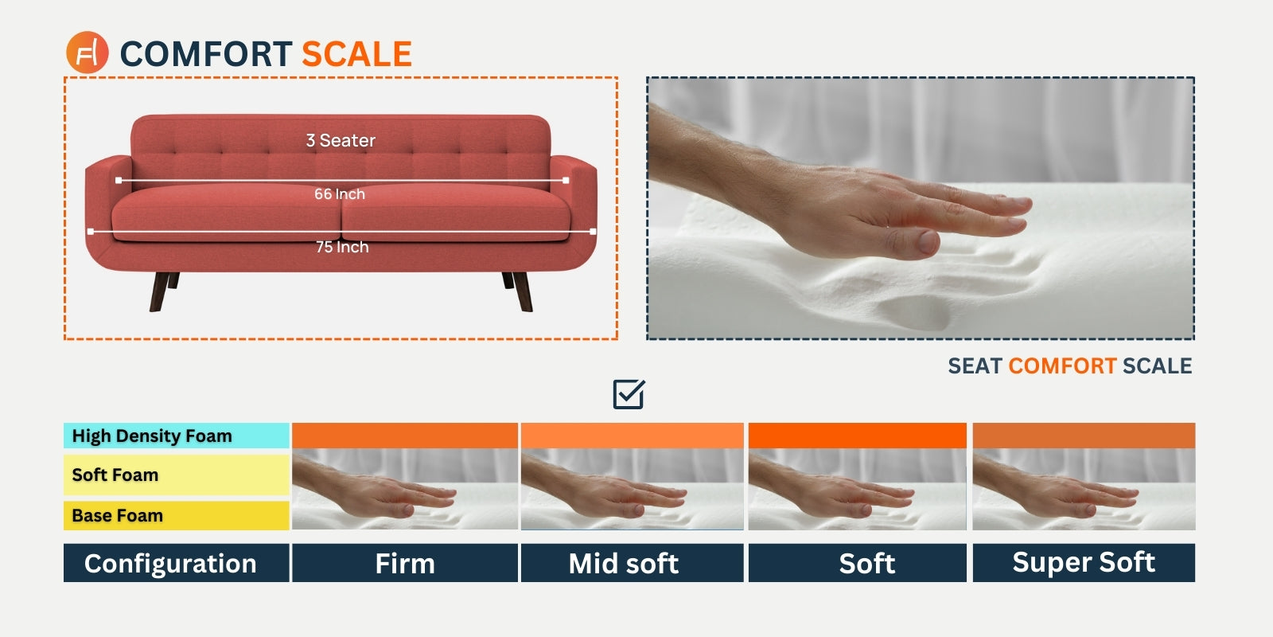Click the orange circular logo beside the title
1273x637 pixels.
87,53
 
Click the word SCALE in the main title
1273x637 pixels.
356,54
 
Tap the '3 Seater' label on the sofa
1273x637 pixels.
341,141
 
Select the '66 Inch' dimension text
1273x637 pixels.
340,194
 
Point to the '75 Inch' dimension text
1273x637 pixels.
342,248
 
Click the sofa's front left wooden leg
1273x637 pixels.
158,291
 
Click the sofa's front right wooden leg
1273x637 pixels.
523,291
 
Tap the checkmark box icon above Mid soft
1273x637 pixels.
629,394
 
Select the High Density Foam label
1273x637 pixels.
152,436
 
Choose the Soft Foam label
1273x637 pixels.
115,475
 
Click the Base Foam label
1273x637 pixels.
118,516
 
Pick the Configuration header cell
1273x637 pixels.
170,564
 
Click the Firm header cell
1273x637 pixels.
405,564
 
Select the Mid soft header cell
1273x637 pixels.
624,564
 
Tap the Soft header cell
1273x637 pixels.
866,564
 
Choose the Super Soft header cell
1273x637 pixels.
1084,563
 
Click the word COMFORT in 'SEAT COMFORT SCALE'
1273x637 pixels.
1062,366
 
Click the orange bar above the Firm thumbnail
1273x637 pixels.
405,436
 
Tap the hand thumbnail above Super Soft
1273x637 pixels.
1084,489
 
